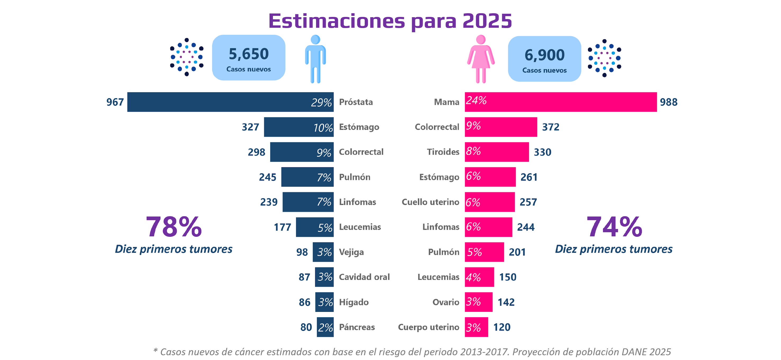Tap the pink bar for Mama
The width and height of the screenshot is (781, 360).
click(561, 102)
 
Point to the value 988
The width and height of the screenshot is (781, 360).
click(669, 102)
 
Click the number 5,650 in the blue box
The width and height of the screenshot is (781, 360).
click(249, 54)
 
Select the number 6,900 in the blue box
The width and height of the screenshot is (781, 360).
click(545, 55)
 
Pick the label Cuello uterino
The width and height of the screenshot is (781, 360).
click(430, 202)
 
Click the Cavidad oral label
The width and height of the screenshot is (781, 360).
click(364, 277)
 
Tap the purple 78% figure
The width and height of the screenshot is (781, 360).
click(174, 227)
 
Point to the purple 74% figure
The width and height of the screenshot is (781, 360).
click(614, 227)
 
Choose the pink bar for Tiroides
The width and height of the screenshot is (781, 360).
click(497, 152)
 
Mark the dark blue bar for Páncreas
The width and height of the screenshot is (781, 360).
click(325, 327)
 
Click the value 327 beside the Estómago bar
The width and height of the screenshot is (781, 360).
click(250, 127)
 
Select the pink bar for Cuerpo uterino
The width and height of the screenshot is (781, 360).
click(476, 327)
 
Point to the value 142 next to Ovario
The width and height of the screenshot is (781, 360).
click(506, 302)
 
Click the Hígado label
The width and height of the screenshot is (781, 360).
click(354, 302)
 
